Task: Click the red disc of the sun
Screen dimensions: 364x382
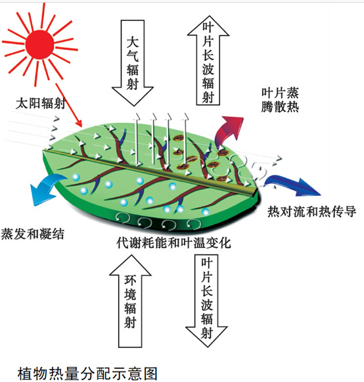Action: click(x=39, y=45)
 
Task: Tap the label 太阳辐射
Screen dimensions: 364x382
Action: click(x=41, y=103)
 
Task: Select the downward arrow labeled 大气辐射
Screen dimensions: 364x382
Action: click(x=133, y=63)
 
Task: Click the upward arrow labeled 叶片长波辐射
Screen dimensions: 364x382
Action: click(x=208, y=60)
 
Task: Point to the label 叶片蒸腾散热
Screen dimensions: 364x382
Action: click(x=280, y=100)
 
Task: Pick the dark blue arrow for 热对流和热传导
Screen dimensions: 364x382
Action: click(x=292, y=185)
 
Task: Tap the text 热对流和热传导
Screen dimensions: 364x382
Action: click(x=311, y=211)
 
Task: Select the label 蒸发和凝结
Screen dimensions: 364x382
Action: click(x=33, y=234)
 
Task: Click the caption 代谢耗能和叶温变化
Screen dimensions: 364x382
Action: click(x=173, y=243)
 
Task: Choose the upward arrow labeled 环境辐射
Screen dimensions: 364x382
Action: click(x=130, y=301)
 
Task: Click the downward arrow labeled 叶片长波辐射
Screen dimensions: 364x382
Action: click(x=206, y=300)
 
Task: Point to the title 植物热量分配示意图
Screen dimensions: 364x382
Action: click(x=87, y=373)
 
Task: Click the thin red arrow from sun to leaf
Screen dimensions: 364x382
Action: click(x=69, y=105)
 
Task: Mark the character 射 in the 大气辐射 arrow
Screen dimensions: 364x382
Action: click(x=133, y=84)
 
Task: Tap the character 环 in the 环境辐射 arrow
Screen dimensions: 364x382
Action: click(x=130, y=280)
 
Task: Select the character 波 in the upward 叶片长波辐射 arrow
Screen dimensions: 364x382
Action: click(x=208, y=69)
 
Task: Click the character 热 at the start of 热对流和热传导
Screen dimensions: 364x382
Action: click(x=274, y=211)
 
